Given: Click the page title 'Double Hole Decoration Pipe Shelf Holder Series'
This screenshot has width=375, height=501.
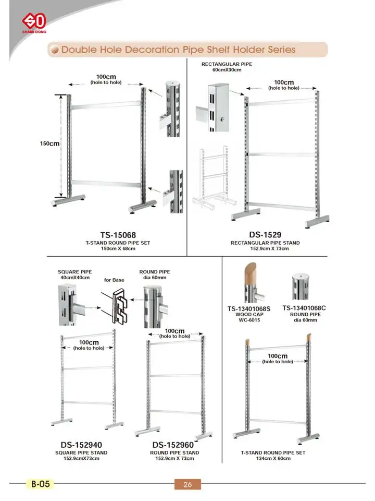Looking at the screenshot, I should pyautogui.click(x=179, y=50).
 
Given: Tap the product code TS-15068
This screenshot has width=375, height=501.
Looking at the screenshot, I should pyautogui.click(x=118, y=235).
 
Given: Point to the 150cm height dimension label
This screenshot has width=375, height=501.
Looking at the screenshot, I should pyautogui.click(x=50, y=144).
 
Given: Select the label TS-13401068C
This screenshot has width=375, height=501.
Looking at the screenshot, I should pyautogui.click(x=304, y=308).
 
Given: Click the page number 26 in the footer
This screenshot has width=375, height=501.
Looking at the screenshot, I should pyautogui.click(x=187, y=484).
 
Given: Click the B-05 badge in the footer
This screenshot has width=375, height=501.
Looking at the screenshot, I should pyautogui.click(x=40, y=484).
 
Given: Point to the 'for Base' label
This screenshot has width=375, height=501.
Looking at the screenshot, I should pyautogui.click(x=114, y=280).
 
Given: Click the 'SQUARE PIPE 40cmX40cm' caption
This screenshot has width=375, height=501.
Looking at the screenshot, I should pyautogui.click(x=74, y=275).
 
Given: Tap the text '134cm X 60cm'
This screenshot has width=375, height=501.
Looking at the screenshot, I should pyautogui.click(x=273, y=459).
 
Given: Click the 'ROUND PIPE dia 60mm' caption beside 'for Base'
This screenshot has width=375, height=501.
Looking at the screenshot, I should pyautogui.click(x=155, y=275).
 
